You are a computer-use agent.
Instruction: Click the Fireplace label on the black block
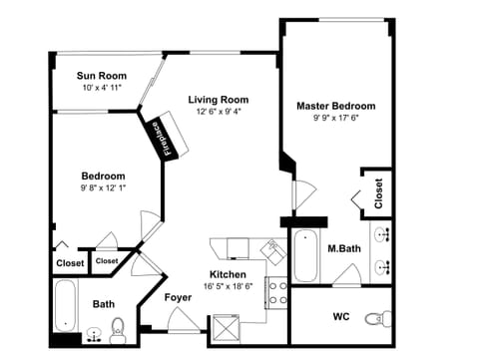pyautogui.click(x=166, y=137)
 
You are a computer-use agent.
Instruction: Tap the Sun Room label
pyautogui.click(x=102, y=75)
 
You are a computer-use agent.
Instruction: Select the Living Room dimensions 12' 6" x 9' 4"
pyautogui.click(x=218, y=112)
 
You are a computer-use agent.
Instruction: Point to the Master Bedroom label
pyautogui.click(x=335, y=106)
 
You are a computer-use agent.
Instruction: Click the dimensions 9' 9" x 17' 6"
pyautogui.click(x=335, y=118)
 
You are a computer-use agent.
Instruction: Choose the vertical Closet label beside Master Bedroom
pyautogui.click(x=378, y=193)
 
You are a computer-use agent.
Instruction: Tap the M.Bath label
pyautogui.click(x=343, y=248)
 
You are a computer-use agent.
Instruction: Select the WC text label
pyautogui.click(x=339, y=318)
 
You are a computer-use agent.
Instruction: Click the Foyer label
pyautogui.click(x=179, y=296)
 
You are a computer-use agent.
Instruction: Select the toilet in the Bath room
pyautogui.click(x=117, y=327)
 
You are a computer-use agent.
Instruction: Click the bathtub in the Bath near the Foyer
pyautogui.click(x=66, y=305)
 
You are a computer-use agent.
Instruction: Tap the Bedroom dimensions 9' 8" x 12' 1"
pyautogui.click(x=103, y=186)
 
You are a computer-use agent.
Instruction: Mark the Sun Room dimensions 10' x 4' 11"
pyautogui.click(x=102, y=87)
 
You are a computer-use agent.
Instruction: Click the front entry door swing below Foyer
pyautogui.click(x=182, y=320)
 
